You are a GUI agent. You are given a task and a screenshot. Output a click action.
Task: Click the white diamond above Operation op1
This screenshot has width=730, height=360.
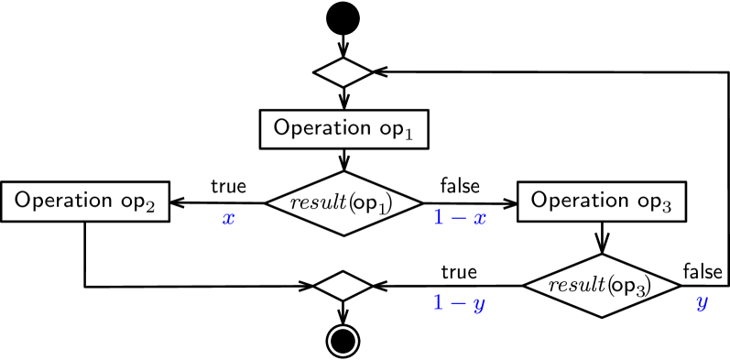coord(343,71)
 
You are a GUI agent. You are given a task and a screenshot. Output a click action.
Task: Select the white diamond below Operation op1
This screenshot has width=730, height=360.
coord(343,287)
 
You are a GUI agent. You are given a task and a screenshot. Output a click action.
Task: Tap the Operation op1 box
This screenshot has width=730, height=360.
coord(343,128)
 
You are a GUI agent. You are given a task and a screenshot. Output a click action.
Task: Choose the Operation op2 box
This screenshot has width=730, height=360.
coord(85,201)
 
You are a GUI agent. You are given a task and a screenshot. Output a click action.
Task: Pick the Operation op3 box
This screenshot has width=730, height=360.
coord(602,201)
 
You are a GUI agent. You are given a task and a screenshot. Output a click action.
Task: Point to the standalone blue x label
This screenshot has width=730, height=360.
coord(229,219)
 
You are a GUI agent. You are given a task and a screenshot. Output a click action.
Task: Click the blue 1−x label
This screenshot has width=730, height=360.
coord(459,218)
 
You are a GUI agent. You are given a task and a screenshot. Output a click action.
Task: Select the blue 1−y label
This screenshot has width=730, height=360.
coord(459,303)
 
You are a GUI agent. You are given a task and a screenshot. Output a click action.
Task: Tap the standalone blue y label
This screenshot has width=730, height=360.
coord(702,303)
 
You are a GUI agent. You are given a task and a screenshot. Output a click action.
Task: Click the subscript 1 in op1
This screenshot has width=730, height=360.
coord(409,135)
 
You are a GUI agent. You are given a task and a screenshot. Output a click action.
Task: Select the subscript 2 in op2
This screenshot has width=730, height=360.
coord(151,207)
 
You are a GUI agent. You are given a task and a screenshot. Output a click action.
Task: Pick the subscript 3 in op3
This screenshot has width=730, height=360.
coord(668,207)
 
